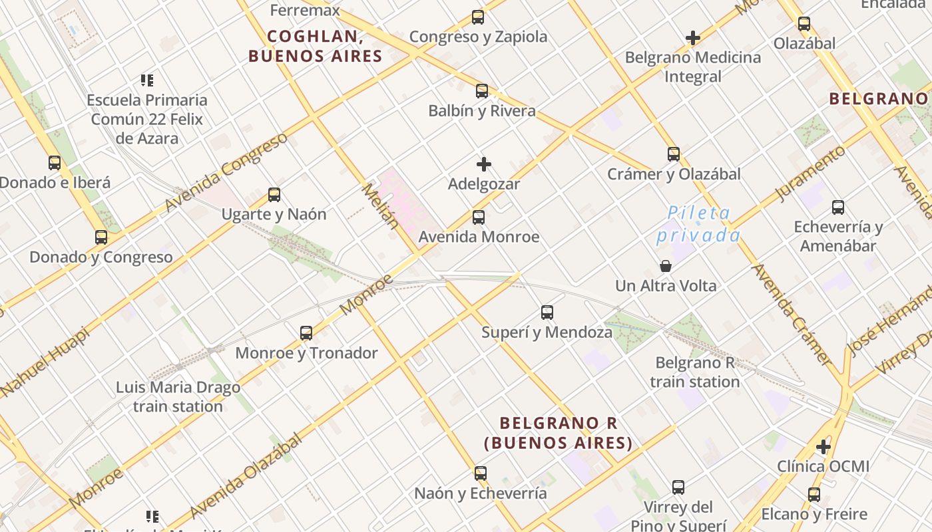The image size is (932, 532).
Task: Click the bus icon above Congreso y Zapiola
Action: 477,17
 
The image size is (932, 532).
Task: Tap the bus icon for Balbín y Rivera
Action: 481,91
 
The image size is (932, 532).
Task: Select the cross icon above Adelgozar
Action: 484,164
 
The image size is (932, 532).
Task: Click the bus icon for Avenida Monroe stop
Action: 478,217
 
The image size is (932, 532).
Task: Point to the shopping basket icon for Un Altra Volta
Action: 665,267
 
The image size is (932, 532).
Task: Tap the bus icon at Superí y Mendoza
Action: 547,313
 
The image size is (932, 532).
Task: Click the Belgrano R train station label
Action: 694,372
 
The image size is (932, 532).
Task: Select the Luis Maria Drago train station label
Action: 178,397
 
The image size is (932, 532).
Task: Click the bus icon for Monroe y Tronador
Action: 306,333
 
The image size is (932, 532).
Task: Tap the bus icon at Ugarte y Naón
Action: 274,195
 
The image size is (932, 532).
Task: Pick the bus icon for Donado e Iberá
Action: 55,163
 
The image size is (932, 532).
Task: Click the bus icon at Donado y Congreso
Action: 101,237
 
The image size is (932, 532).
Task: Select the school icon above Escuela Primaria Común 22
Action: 147,80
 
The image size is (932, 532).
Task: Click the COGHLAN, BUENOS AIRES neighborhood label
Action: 316,47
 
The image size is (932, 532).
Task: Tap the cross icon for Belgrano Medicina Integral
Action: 692,38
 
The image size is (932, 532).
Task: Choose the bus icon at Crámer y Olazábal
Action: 673,154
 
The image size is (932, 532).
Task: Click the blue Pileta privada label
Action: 698,225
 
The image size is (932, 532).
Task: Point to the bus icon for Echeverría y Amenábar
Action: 837,207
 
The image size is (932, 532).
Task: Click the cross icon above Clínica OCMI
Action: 823,447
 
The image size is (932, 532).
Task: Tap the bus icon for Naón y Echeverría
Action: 480,473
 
